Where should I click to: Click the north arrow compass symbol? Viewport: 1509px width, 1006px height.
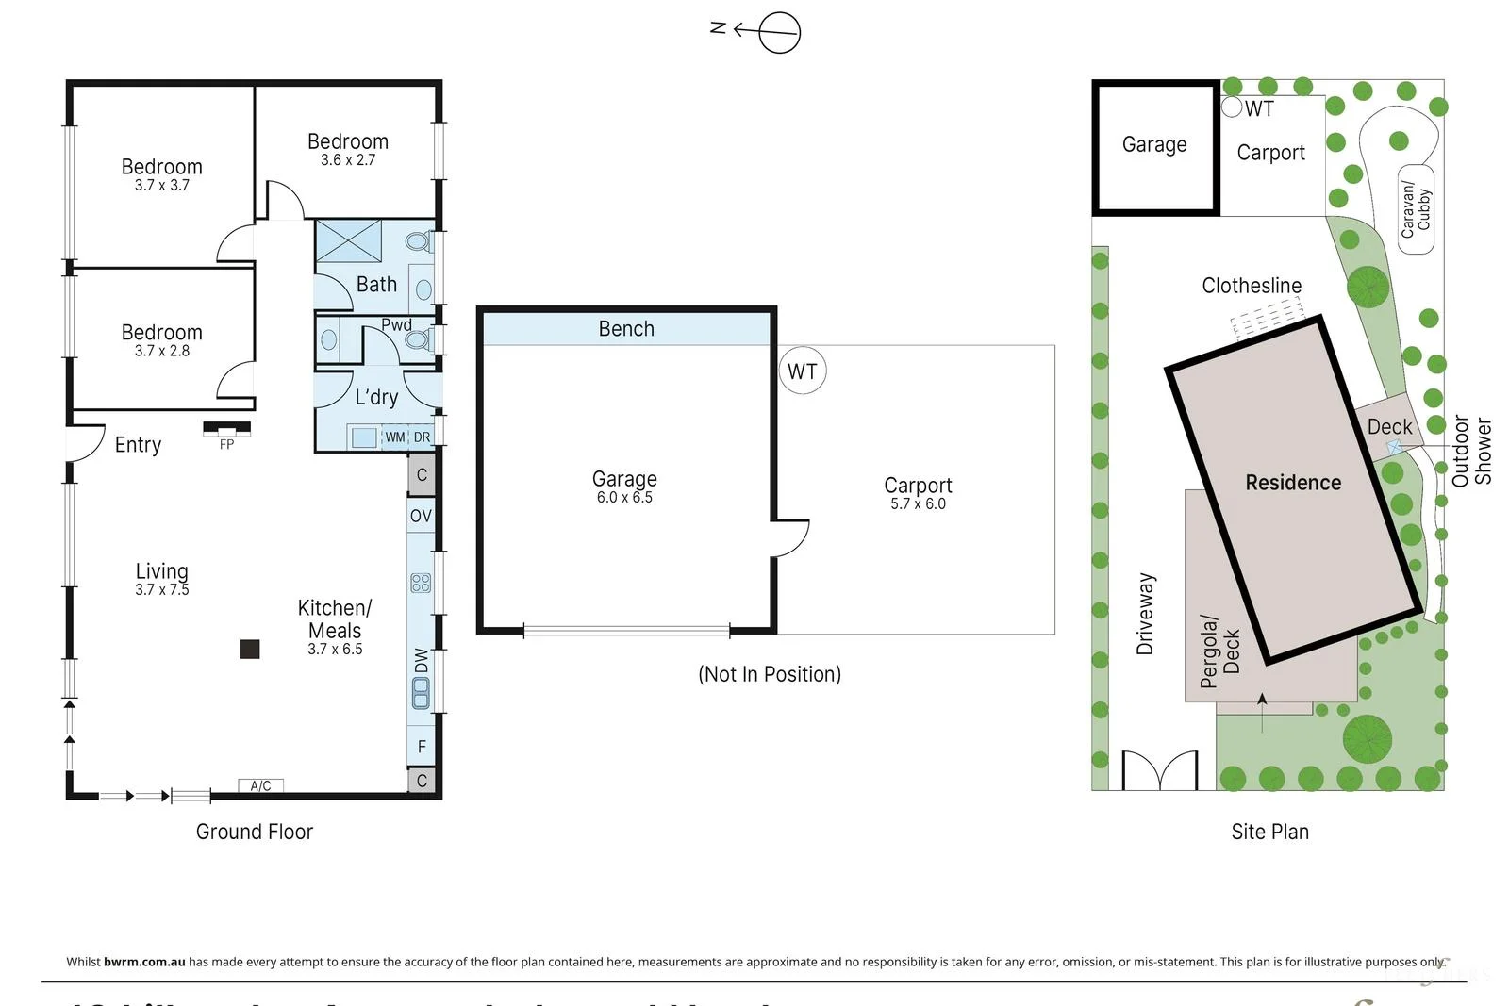click(x=778, y=32)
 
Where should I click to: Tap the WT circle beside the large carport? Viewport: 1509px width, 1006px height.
click(x=803, y=371)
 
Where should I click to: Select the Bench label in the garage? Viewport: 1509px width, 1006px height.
click(x=626, y=329)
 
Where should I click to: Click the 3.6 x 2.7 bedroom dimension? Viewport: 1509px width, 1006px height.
click(x=348, y=160)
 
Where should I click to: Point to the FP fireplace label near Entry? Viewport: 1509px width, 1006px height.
click(x=226, y=445)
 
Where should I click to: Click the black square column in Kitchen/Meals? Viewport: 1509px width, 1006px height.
click(x=250, y=649)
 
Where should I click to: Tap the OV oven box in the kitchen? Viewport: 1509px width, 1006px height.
click(x=421, y=516)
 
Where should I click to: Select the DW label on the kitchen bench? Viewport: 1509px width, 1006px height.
click(x=421, y=661)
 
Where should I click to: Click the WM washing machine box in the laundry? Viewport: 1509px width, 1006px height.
click(x=394, y=437)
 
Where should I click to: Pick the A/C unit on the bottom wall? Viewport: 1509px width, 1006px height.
click(x=260, y=785)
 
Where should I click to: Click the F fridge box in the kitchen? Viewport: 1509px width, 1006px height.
click(x=422, y=746)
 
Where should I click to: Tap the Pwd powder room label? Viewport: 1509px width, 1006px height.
click(x=396, y=324)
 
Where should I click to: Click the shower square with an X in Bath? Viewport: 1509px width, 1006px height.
click(x=348, y=240)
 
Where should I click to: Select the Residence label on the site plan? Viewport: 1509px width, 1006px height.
click(x=1293, y=483)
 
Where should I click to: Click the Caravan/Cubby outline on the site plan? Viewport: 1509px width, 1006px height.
click(x=1416, y=209)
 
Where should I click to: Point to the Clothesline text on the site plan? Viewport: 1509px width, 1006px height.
click(x=1252, y=286)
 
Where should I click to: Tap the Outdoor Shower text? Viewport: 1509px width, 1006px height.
click(x=1471, y=451)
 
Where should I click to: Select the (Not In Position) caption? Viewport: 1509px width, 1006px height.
click(x=770, y=674)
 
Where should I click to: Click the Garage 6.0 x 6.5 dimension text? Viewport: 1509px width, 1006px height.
click(x=624, y=498)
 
